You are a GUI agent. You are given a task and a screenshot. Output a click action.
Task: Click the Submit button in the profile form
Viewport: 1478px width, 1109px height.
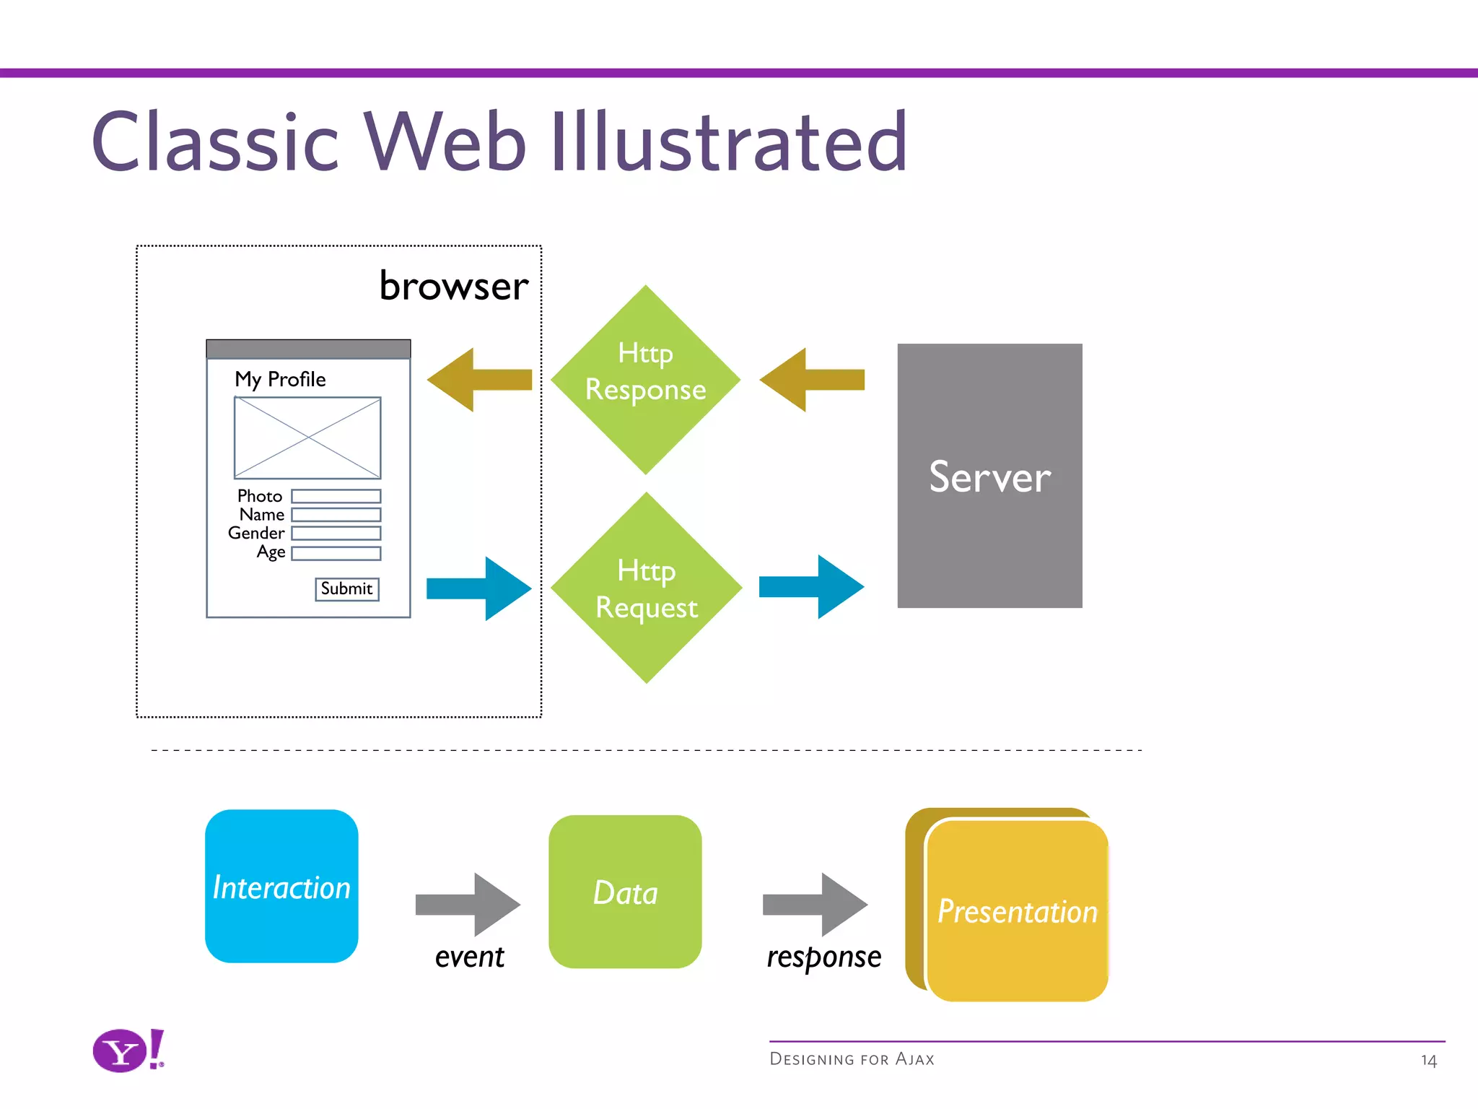pyautogui.click(x=347, y=589)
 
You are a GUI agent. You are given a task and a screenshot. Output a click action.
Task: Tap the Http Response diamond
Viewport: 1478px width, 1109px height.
pyautogui.click(x=645, y=378)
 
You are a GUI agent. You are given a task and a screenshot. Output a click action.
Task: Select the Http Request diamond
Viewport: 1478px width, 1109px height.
pyautogui.click(x=646, y=588)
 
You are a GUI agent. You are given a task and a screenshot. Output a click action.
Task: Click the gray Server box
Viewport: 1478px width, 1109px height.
pyautogui.click(x=989, y=476)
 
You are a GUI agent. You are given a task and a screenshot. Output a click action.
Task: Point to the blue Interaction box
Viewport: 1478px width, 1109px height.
pyautogui.click(x=281, y=886)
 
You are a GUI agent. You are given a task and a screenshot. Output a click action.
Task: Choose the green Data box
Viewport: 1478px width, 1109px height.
pyautogui.click(x=625, y=892)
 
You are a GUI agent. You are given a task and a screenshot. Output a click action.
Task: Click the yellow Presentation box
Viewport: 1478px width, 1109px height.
pyautogui.click(x=1017, y=910)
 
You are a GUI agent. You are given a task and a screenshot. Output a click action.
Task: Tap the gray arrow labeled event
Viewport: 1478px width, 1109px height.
pyautogui.click(x=468, y=904)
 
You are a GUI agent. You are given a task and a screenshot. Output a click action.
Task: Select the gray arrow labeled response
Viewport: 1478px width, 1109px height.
pyautogui.click(x=815, y=904)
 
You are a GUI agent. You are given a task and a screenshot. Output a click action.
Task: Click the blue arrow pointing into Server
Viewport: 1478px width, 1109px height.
pyautogui.click(x=812, y=587)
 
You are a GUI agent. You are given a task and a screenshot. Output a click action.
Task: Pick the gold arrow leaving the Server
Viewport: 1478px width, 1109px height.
pyautogui.click(x=812, y=380)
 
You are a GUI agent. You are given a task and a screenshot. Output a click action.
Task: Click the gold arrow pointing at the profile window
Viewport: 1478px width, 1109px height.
pyautogui.click(x=479, y=380)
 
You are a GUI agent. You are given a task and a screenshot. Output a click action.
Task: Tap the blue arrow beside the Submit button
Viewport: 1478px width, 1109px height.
pyautogui.click(x=479, y=588)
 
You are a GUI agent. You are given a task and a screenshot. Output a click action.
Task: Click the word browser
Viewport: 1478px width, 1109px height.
pyautogui.click(x=454, y=286)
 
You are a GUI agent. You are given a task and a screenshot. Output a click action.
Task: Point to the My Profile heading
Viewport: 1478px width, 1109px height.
pyautogui.click(x=280, y=379)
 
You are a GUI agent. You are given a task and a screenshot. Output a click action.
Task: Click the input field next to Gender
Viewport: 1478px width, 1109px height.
pyautogui.click(x=336, y=534)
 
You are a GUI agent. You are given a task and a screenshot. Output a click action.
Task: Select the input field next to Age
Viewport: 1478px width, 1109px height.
pyautogui.click(x=336, y=554)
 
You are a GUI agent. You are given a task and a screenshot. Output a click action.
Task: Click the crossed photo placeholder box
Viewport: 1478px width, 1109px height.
pyautogui.click(x=307, y=438)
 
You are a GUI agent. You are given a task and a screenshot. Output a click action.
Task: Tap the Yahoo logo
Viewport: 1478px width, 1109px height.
pyautogui.click(x=128, y=1051)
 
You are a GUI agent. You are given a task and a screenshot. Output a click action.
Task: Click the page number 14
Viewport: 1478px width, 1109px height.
pyautogui.click(x=1428, y=1061)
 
